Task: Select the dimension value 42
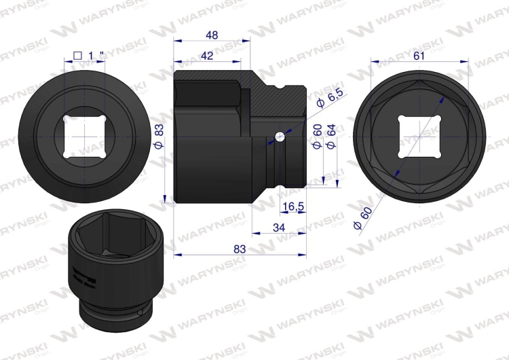point(208,56)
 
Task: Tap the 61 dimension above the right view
point(419,56)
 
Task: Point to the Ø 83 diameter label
point(158,136)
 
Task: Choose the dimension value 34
point(278,228)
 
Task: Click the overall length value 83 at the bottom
point(240,249)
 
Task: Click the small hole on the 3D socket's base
point(140,314)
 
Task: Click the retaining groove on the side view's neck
point(272,163)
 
